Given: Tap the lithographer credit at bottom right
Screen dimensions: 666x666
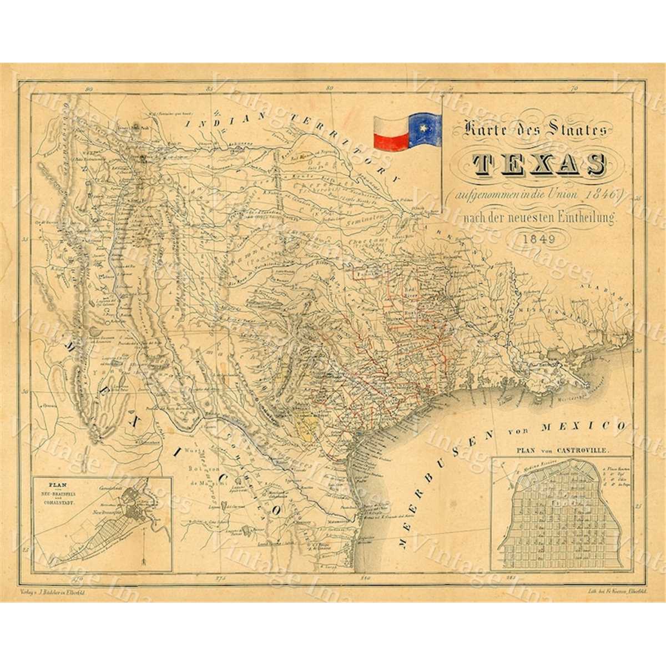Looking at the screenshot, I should [x=607, y=593].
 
